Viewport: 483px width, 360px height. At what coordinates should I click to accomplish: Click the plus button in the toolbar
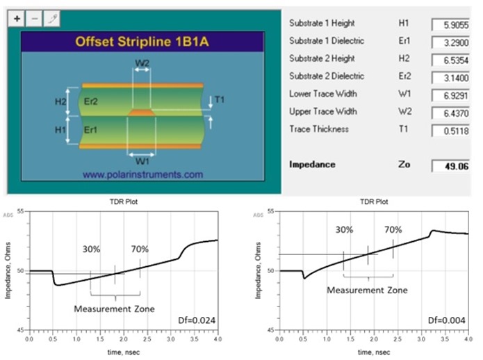coord(17,18)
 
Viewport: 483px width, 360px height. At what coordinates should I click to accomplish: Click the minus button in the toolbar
coord(34,18)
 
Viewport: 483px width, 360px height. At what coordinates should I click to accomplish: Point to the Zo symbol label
coord(404,165)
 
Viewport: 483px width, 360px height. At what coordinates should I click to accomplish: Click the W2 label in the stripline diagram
coord(142,62)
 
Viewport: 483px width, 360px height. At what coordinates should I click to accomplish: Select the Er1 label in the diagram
coord(91,130)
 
